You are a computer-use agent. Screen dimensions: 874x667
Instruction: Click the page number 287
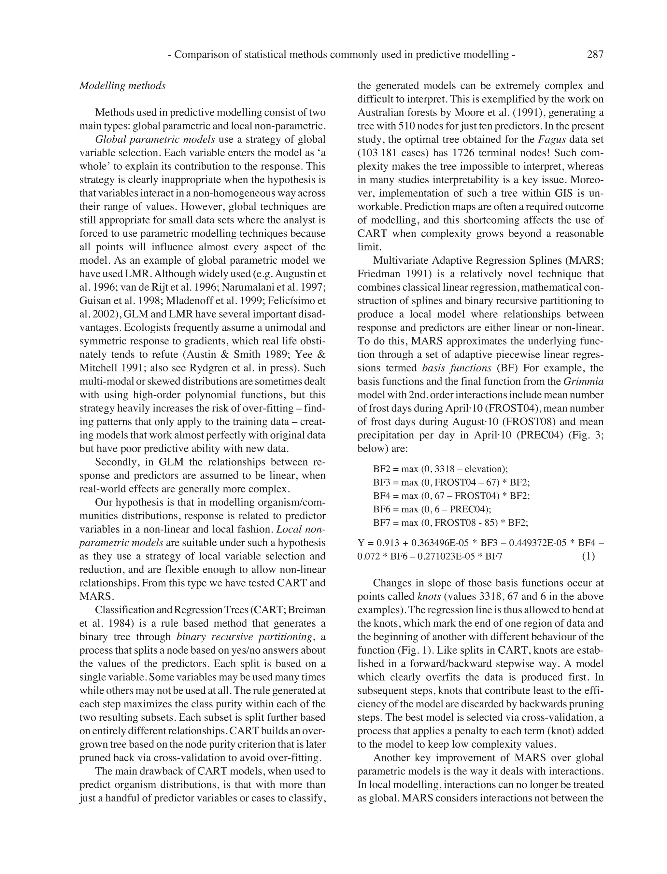coord(595,54)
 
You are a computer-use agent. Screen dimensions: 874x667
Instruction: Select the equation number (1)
coord(589,556)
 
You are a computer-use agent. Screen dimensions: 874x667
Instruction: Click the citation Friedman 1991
coord(393,274)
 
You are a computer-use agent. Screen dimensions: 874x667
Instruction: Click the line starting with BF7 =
coord(450,522)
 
